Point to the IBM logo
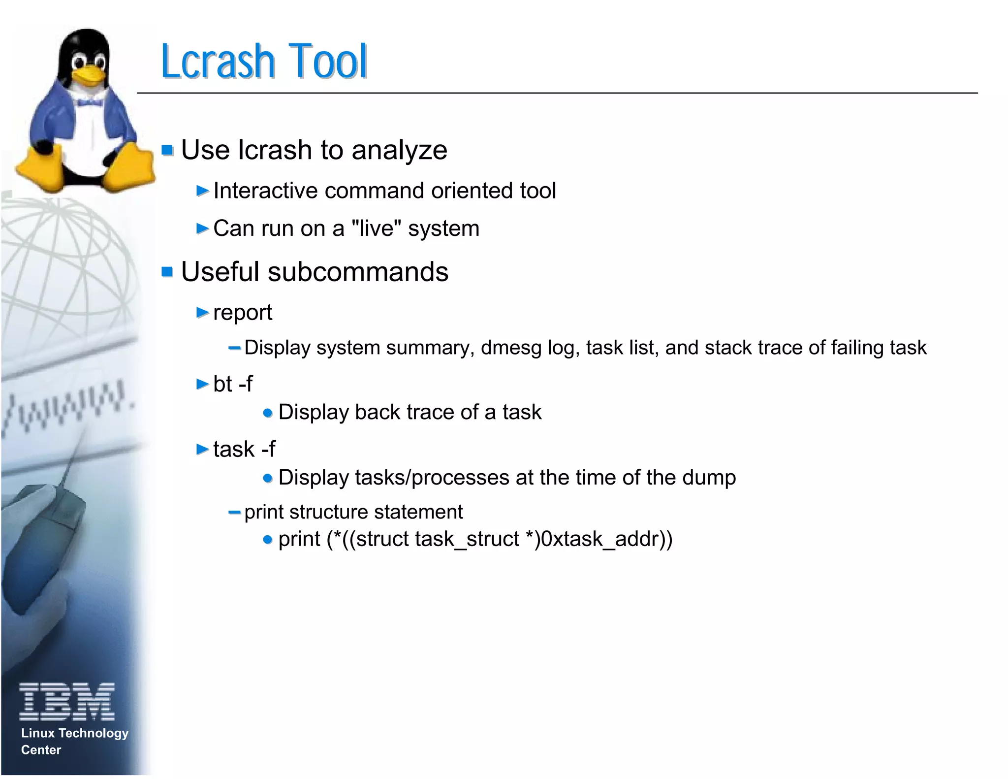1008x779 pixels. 67,701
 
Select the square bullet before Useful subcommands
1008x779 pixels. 167,271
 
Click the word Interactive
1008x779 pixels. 265,191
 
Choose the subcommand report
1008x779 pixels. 243,313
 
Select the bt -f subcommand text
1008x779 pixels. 233,384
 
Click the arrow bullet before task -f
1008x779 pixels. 202,449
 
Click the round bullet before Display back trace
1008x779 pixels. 268,413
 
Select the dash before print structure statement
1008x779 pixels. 235,512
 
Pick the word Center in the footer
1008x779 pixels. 41,750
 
